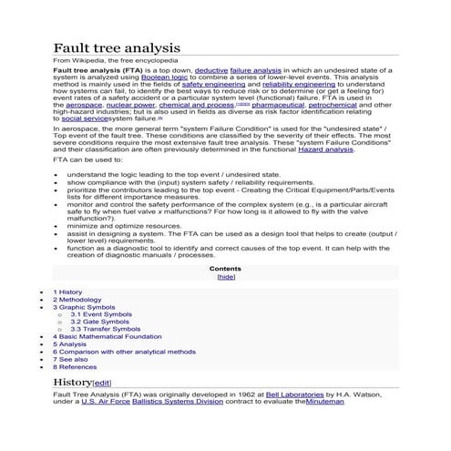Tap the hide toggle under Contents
click(225, 277)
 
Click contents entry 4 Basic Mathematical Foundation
click(107, 336)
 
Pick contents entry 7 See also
click(71, 359)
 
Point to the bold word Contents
click(225, 269)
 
